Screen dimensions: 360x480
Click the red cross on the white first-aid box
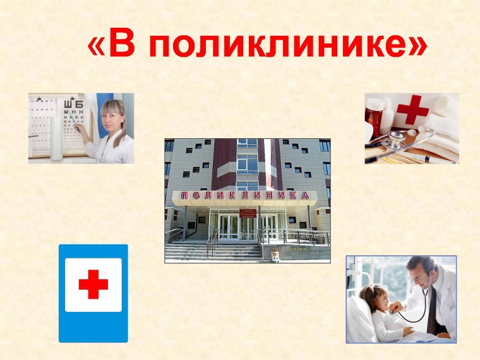point(413,110)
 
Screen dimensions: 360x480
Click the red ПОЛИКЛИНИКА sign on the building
point(246,196)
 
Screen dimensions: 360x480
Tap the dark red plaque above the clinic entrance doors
point(247,208)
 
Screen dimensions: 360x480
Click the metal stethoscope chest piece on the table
point(398,135)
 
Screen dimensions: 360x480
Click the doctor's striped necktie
point(431,309)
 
